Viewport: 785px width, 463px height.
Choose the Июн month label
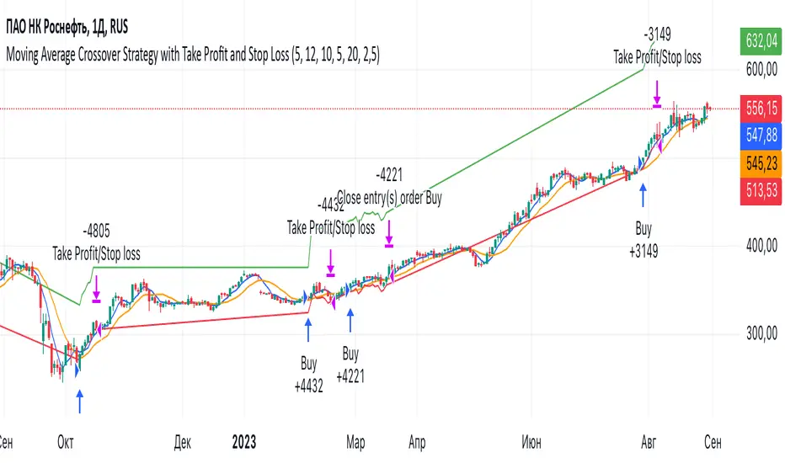point(531,440)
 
